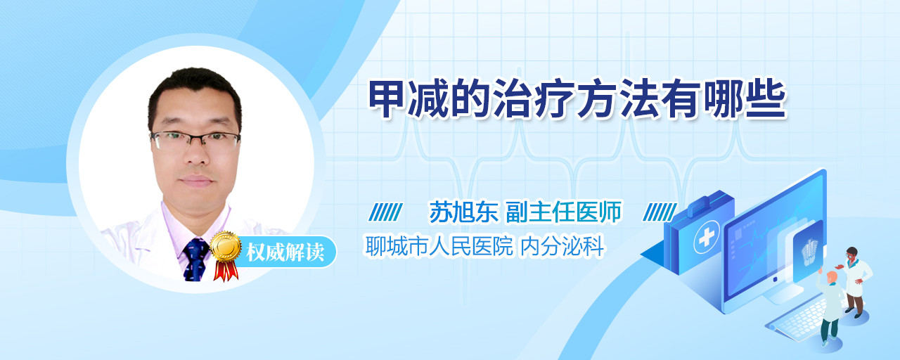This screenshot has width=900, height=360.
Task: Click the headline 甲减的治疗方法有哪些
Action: click(x=577, y=99)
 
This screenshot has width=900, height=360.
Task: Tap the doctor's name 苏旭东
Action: click(x=464, y=212)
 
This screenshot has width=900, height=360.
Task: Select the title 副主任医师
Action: click(x=564, y=212)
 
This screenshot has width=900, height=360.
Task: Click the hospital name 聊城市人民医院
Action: click(x=439, y=246)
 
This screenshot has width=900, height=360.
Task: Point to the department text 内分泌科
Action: click(x=562, y=246)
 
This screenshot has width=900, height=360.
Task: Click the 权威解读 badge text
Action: click(x=285, y=252)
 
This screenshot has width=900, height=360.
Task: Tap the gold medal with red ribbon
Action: click(x=226, y=255)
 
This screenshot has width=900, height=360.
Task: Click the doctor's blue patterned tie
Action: click(x=195, y=259)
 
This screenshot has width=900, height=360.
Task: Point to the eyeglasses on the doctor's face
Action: click(x=195, y=140)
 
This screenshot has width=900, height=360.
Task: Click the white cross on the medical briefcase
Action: click(x=706, y=238)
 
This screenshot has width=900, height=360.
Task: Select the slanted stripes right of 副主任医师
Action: click(x=660, y=212)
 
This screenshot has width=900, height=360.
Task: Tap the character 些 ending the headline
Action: click(x=766, y=99)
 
